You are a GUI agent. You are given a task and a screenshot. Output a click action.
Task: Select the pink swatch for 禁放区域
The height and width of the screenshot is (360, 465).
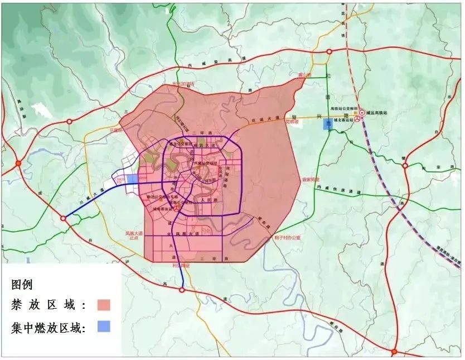[x=103, y=305]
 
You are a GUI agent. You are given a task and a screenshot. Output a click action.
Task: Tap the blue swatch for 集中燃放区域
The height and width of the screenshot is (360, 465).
[x=103, y=327]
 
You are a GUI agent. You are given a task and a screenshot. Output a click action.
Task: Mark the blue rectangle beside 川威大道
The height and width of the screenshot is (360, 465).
[x=132, y=178]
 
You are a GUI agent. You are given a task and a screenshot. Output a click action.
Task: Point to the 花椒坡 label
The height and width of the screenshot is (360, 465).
[x=293, y=120]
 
